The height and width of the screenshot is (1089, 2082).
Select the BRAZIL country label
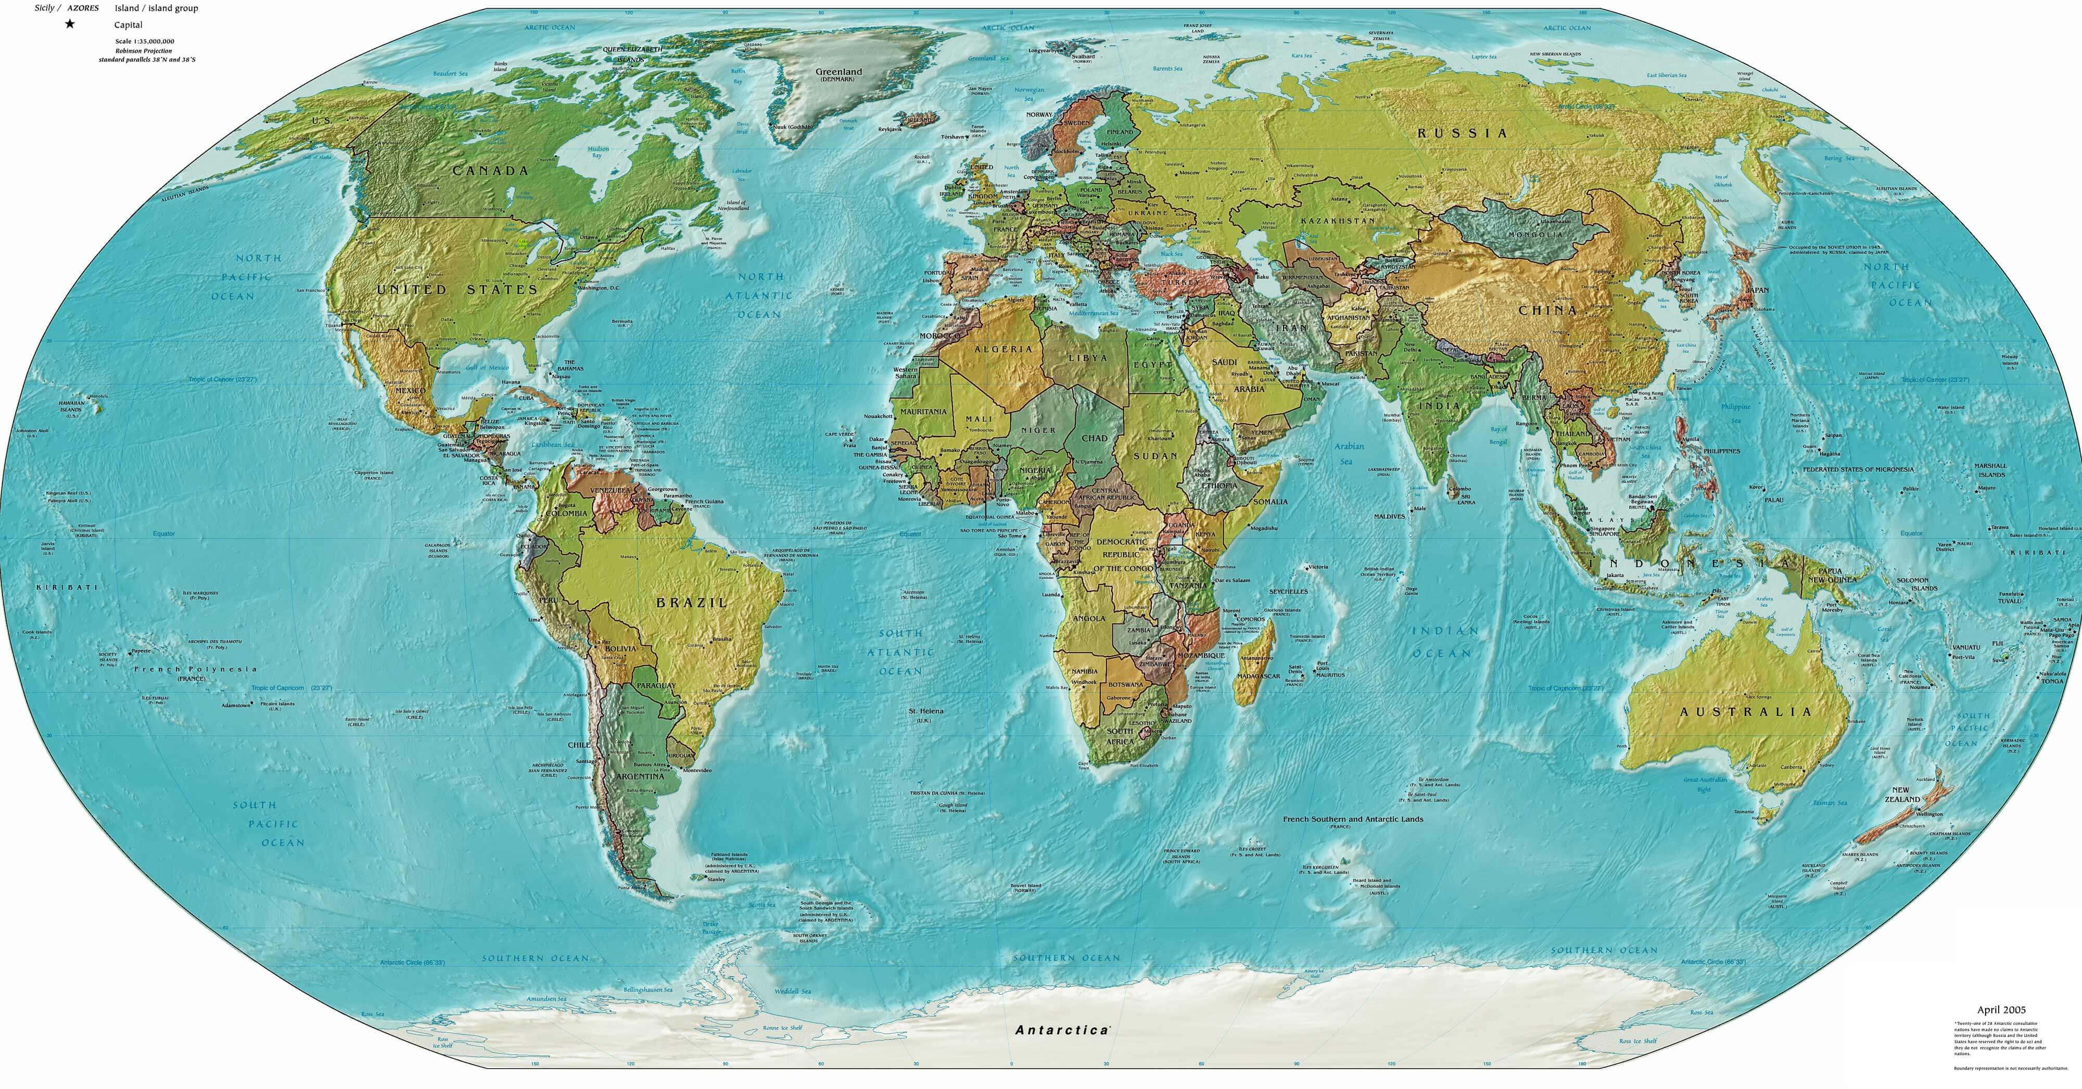click(691, 602)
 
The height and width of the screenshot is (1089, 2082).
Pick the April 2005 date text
click(2001, 1010)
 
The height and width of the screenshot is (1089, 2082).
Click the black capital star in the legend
click(70, 24)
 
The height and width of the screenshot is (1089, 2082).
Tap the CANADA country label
click(491, 171)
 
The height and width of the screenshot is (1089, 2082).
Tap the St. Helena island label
click(925, 711)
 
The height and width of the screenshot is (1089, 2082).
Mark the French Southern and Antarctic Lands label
click(1353, 819)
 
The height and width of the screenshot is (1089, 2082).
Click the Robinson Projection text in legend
click(143, 50)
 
